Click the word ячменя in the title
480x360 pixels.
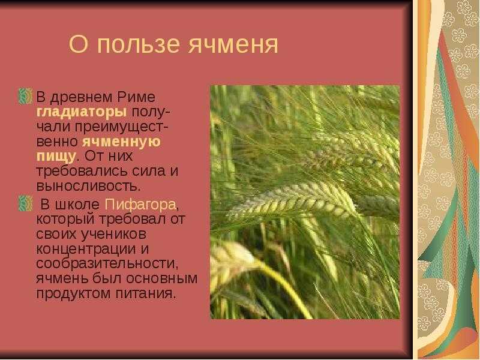point(233,44)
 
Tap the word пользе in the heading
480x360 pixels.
point(138,44)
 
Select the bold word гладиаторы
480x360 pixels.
point(82,112)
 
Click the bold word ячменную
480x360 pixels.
point(121,142)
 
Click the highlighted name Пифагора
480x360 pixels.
point(140,205)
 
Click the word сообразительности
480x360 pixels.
point(106,263)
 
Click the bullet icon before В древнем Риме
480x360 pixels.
point(25,96)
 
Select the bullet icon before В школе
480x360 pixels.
point(25,203)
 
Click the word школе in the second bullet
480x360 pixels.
point(77,205)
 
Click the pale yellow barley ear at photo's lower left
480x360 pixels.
point(230,260)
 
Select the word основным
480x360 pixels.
point(161,279)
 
